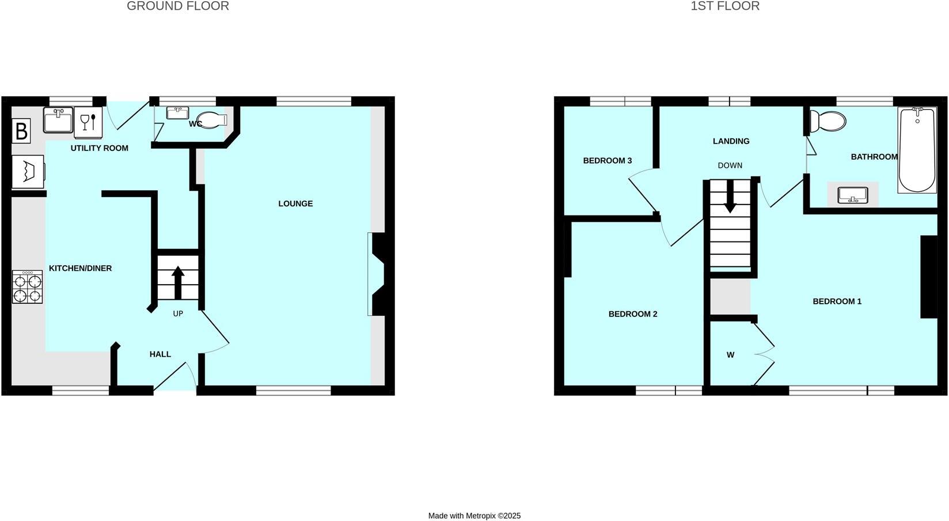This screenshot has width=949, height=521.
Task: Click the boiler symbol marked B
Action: click(21, 131)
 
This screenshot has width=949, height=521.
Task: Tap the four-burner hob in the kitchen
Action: click(27, 288)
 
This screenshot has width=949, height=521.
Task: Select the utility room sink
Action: click(58, 120)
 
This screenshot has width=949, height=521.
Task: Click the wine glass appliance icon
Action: click(88, 122)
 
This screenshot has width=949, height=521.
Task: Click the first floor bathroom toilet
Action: click(827, 121)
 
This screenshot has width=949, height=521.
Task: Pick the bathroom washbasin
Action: click(853, 195)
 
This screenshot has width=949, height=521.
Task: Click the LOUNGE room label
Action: click(295, 203)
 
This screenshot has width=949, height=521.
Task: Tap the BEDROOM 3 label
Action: click(608, 161)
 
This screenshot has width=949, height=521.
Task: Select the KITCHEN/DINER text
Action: click(80, 268)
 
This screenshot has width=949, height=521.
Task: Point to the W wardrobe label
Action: click(730, 355)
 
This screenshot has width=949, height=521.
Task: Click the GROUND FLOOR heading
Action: click(178, 6)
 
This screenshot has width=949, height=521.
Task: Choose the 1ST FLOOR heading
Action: click(725, 6)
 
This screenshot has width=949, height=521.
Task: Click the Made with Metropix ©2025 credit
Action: click(474, 516)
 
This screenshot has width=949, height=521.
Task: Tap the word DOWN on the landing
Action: click(730, 165)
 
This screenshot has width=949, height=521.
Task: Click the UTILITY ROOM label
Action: click(99, 148)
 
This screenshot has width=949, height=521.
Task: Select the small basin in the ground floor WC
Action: click(177, 112)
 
